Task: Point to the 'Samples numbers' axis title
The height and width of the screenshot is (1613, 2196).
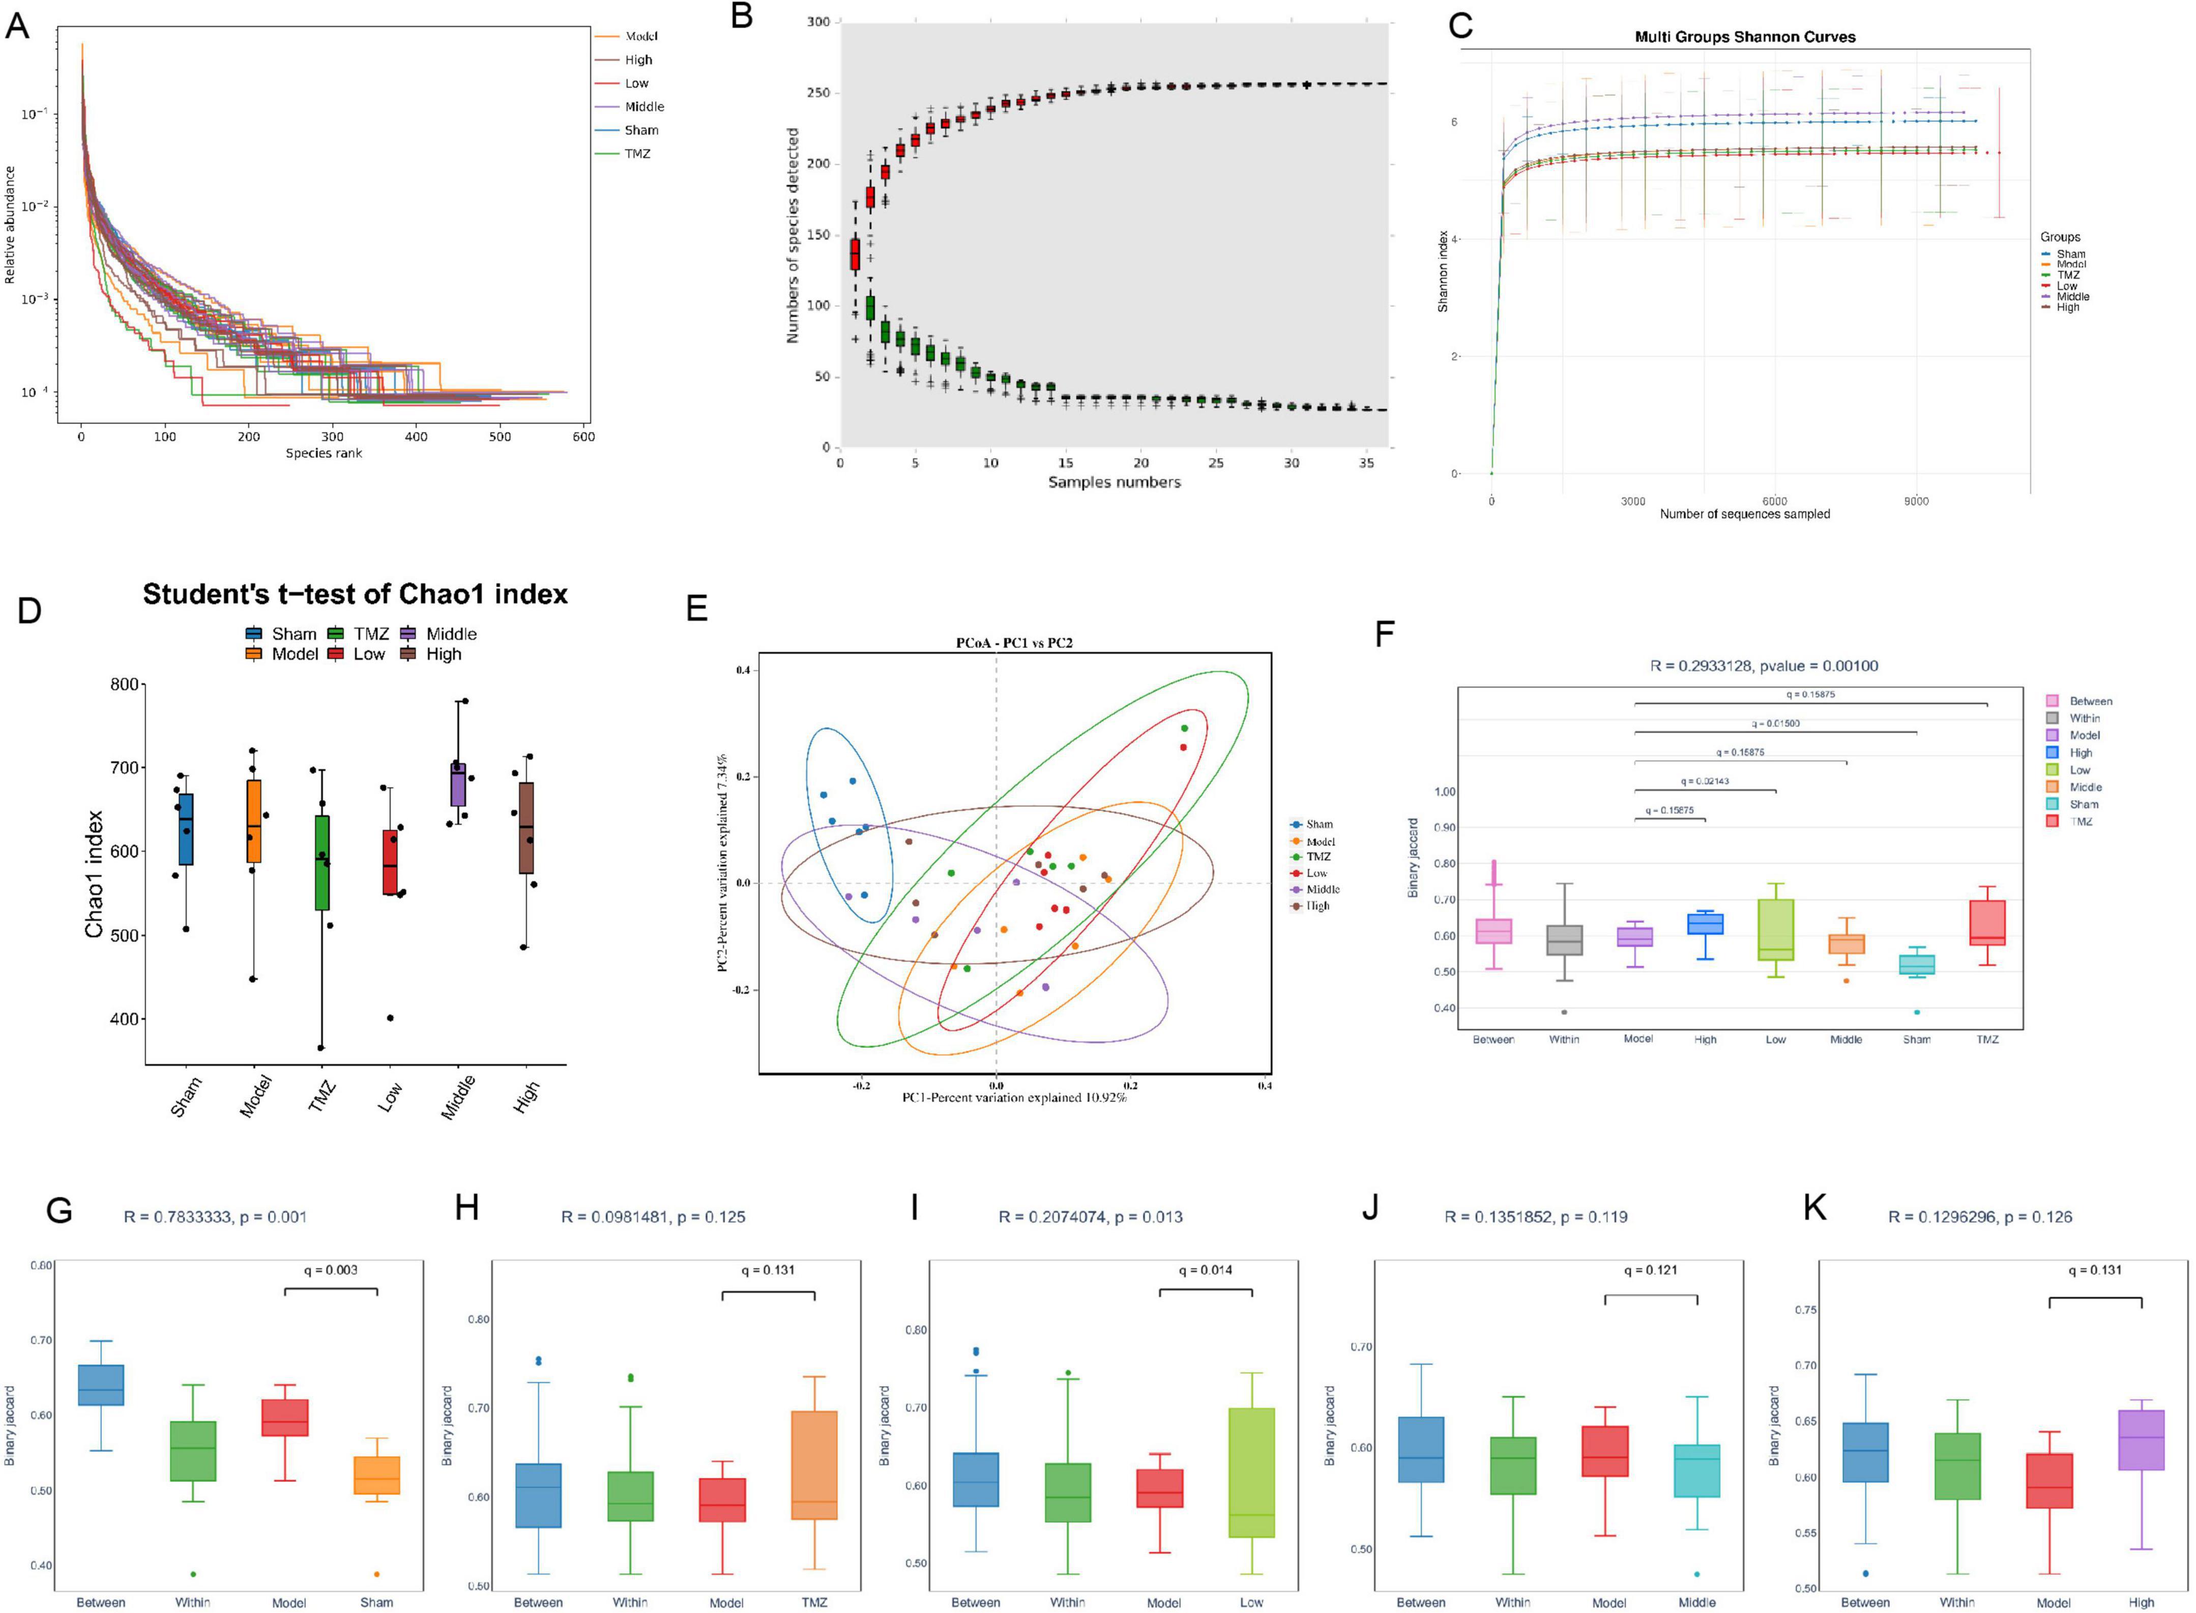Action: [x=1114, y=482]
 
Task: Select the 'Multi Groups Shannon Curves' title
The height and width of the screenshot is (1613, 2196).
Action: [x=1745, y=37]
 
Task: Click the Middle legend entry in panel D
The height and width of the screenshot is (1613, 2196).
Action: [x=451, y=633]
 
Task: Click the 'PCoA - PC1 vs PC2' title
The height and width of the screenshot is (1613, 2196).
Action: [x=1014, y=643]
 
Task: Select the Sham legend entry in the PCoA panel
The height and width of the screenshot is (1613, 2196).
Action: [x=1319, y=824]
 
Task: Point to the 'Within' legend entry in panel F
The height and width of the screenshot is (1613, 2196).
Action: [x=2084, y=717]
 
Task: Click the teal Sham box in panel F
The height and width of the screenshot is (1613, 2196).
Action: [x=1916, y=965]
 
